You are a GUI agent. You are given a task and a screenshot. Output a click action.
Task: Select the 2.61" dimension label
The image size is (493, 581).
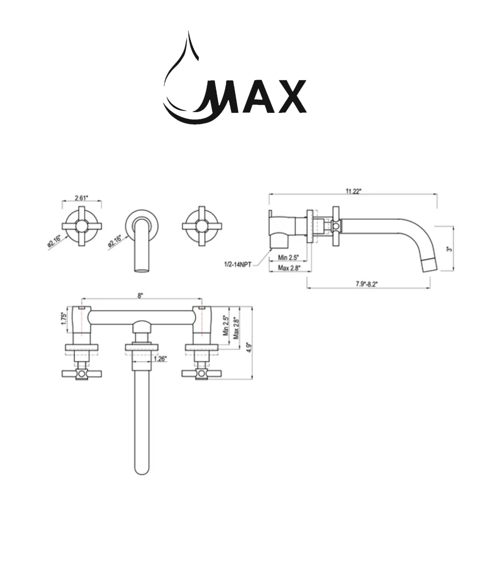(x=81, y=198)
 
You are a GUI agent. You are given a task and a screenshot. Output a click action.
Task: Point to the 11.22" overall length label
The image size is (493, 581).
(x=353, y=191)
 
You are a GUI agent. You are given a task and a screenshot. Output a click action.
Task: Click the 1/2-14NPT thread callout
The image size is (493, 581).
(x=238, y=265)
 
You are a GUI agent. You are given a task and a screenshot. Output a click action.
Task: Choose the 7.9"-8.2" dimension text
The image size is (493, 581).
(x=367, y=284)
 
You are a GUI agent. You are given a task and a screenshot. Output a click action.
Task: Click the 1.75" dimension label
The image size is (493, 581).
(x=64, y=319)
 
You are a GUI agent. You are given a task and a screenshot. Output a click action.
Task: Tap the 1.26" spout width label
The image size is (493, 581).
(x=160, y=358)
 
